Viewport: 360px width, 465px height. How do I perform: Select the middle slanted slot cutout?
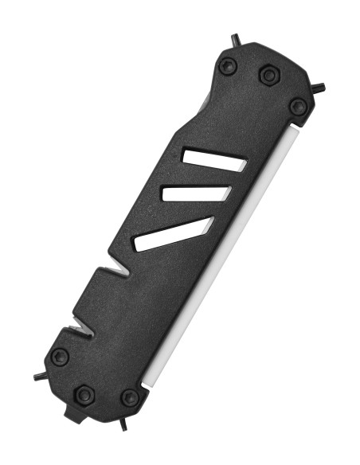(195, 193)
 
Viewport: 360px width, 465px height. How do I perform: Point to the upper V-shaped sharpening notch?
(119, 272)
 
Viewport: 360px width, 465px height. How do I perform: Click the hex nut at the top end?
(268, 74)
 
